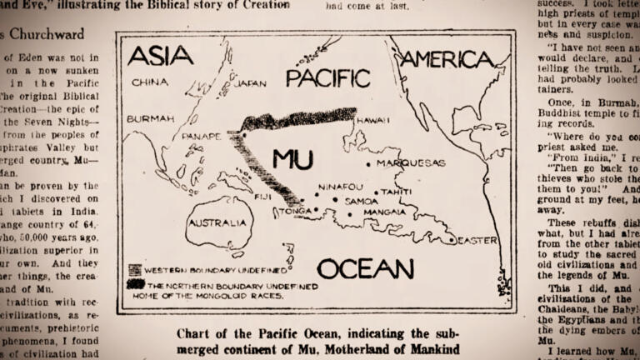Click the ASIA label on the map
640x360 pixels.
161,56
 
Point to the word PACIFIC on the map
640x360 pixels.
327,78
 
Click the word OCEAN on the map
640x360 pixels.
365,268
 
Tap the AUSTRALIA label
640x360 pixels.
217,223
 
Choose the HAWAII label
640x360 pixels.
372,121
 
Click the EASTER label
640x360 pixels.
477,241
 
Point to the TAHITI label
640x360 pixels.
397,192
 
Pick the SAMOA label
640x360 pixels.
361,201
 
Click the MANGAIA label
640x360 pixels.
384,212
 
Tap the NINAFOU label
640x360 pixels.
341,187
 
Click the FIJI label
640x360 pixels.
263,197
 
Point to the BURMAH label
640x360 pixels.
151,119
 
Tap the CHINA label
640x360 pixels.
151,82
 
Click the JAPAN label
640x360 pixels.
250,84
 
